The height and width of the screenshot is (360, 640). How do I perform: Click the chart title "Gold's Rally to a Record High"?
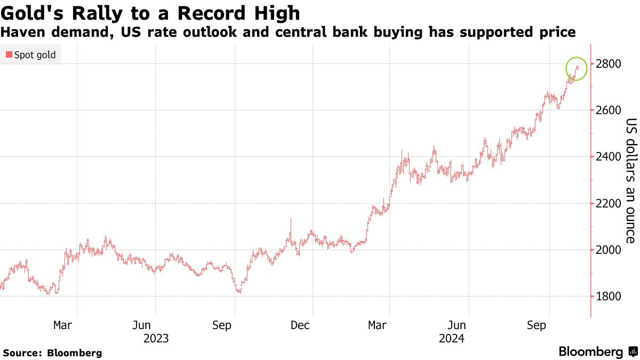151,13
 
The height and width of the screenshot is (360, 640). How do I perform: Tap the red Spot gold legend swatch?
8,55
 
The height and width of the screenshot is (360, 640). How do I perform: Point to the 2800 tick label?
608,64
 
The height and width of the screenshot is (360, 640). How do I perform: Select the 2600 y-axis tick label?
608,110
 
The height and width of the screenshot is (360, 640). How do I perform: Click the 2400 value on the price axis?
608,157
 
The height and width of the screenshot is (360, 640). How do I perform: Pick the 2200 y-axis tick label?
608,203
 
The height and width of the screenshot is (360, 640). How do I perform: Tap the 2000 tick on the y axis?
608,250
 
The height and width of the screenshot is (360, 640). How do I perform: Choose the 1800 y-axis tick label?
608,296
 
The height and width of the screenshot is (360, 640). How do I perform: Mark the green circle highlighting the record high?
577,69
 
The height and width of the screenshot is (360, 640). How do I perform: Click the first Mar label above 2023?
62,325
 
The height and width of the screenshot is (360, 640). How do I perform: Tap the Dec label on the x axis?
300,325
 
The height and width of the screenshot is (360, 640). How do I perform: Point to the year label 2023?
156,338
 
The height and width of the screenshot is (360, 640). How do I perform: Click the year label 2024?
451,338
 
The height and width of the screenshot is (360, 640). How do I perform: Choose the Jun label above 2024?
457,325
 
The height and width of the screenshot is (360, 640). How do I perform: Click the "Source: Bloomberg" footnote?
52,353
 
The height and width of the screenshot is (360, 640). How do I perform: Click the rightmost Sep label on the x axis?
536,325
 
